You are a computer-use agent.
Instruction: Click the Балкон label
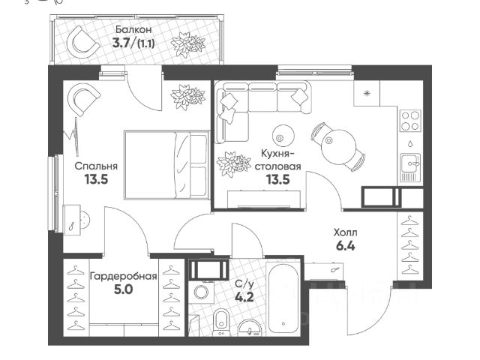pos(133,30)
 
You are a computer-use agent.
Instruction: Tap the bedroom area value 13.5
pos(97,179)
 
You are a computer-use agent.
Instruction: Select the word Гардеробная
pos(123,277)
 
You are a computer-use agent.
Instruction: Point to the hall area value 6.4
pos(346,246)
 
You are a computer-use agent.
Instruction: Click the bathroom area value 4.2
pos(244,297)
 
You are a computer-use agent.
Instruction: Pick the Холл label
pos(345,233)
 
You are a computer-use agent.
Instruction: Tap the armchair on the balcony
pos(83,42)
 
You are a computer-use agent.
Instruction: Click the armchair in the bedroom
pos(83,100)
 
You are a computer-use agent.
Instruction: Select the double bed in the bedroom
pos(166,165)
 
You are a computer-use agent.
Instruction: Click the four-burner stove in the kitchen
pos(410,121)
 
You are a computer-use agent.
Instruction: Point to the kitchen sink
pos(410,167)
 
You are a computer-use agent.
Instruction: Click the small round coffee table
pos(283,135)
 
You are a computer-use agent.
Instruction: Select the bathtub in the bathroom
pos(283,299)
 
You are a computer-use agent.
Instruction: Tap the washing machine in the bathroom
pos(201,292)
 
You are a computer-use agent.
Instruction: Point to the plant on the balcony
pos(188,46)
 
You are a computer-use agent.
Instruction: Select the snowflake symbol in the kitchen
pos(367,93)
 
